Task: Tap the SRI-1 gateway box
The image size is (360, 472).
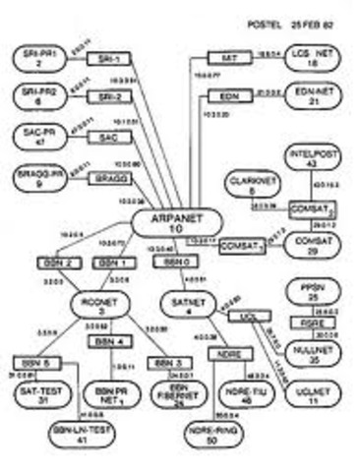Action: click(103, 59)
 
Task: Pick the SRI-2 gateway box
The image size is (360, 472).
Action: click(103, 96)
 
